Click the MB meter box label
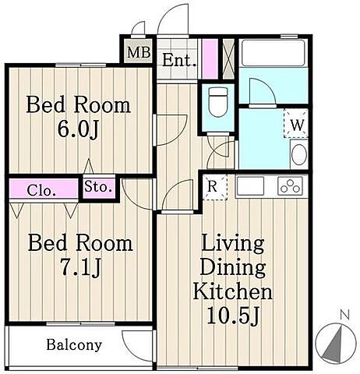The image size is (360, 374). tap(139, 52)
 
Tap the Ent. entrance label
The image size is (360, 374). tap(179, 61)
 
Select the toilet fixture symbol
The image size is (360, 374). tap(218, 102)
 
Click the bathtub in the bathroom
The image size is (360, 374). tap(274, 53)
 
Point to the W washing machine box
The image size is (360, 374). tap(296, 123)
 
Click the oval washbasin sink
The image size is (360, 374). tap(299, 154)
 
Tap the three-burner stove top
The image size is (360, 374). tap(290, 186)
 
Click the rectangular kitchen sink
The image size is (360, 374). tap(250, 185)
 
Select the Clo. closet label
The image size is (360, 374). tap(41, 191)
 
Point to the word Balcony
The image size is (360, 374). tap(74, 345)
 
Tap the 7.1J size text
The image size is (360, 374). tap(80, 267)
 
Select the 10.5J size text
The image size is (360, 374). tap(233, 316)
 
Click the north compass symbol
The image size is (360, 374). tap(336, 343)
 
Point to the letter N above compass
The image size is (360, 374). tap(344, 315)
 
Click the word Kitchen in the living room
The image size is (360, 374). tap(233, 291)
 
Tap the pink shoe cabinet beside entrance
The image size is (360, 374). tap(210, 58)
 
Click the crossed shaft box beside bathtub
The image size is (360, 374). tap(229, 58)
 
